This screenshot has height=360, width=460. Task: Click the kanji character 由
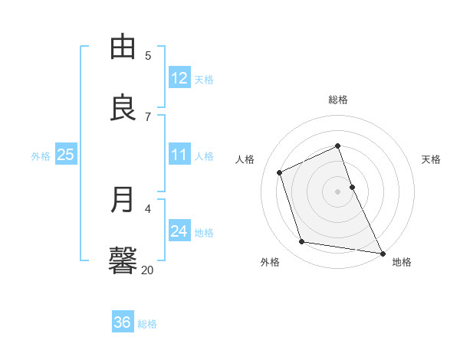point(123,48)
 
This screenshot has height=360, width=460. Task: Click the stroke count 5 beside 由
point(148,55)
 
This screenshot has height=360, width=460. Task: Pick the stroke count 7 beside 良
point(148,116)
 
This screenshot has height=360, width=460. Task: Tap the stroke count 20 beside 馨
point(147,270)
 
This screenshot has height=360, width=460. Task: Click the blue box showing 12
point(179,78)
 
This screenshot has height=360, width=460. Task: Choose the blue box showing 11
point(179,155)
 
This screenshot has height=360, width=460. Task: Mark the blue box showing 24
point(179,231)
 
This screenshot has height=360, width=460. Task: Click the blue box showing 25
point(66,155)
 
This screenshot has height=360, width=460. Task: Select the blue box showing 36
point(123,322)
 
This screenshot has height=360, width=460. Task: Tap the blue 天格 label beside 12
point(204,80)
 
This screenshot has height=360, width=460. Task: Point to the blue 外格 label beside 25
point(41,156)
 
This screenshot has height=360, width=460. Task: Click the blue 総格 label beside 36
point(147,324)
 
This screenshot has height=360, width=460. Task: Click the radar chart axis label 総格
point(338,100)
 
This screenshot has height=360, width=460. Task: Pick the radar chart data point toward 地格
point(382,253)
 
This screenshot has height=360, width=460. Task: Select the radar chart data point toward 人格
point(280,172)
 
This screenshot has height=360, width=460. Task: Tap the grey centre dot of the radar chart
point(338,191)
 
